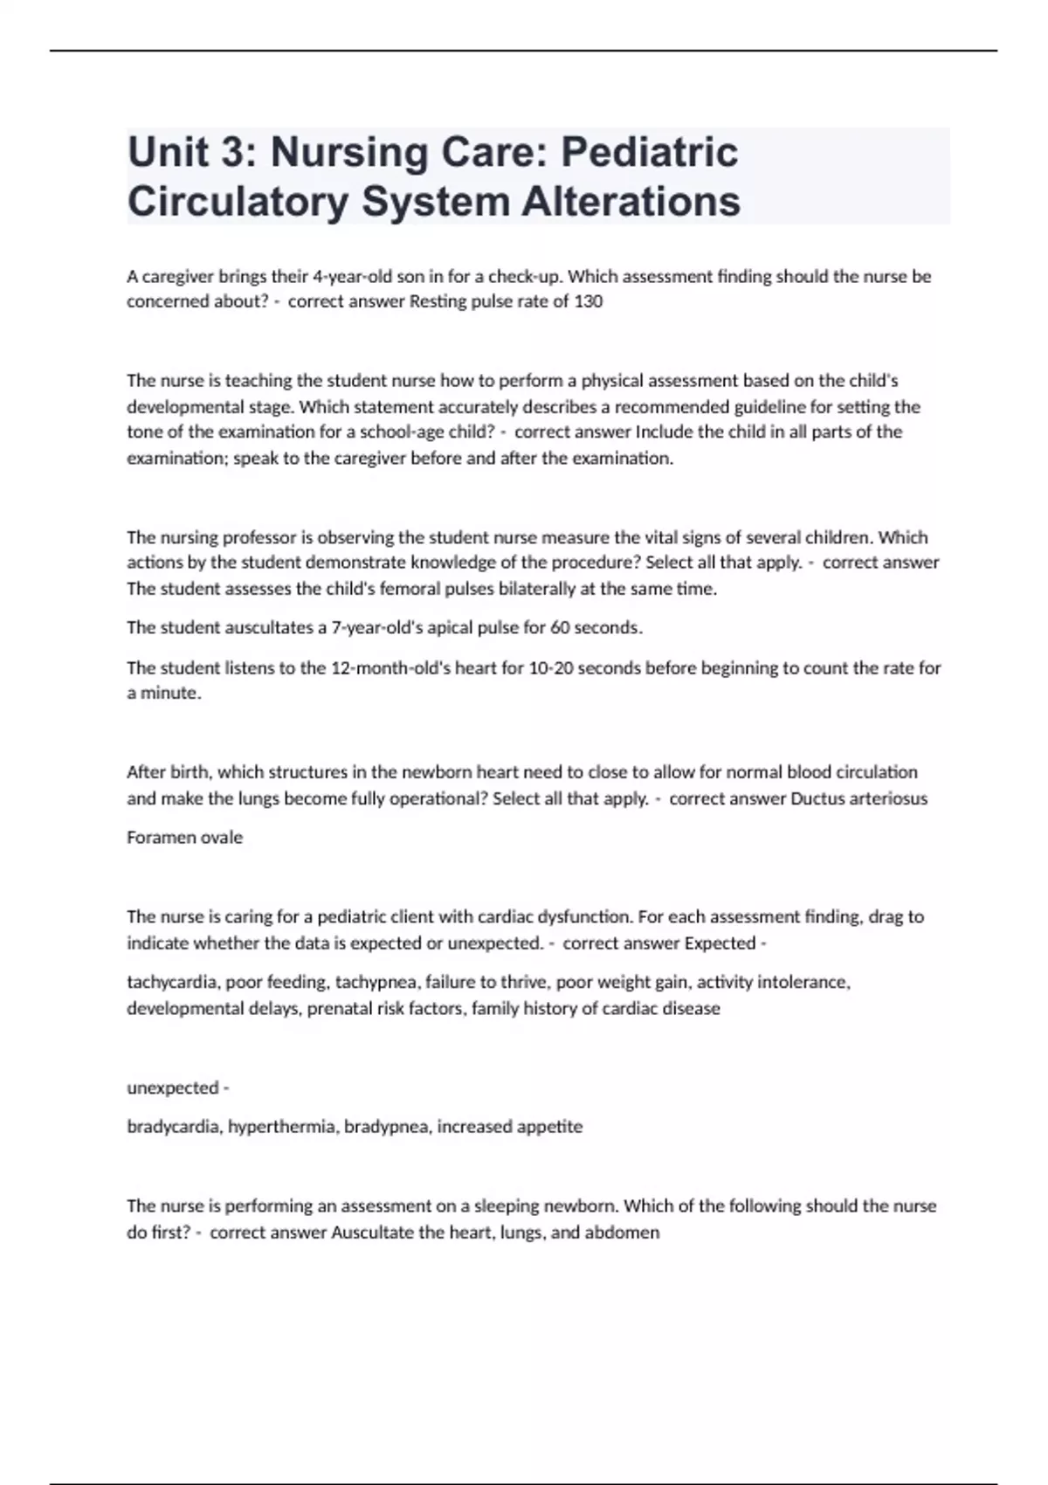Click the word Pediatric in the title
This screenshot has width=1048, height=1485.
click(x=649, y=152)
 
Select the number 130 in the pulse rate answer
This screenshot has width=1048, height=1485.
click(x=589, y=302)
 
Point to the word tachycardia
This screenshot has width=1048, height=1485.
click(x=173, y=983)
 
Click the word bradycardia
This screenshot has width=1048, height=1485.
click(x=175, y=1127)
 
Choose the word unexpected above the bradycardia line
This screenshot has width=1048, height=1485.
click(x=173, y=1088)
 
